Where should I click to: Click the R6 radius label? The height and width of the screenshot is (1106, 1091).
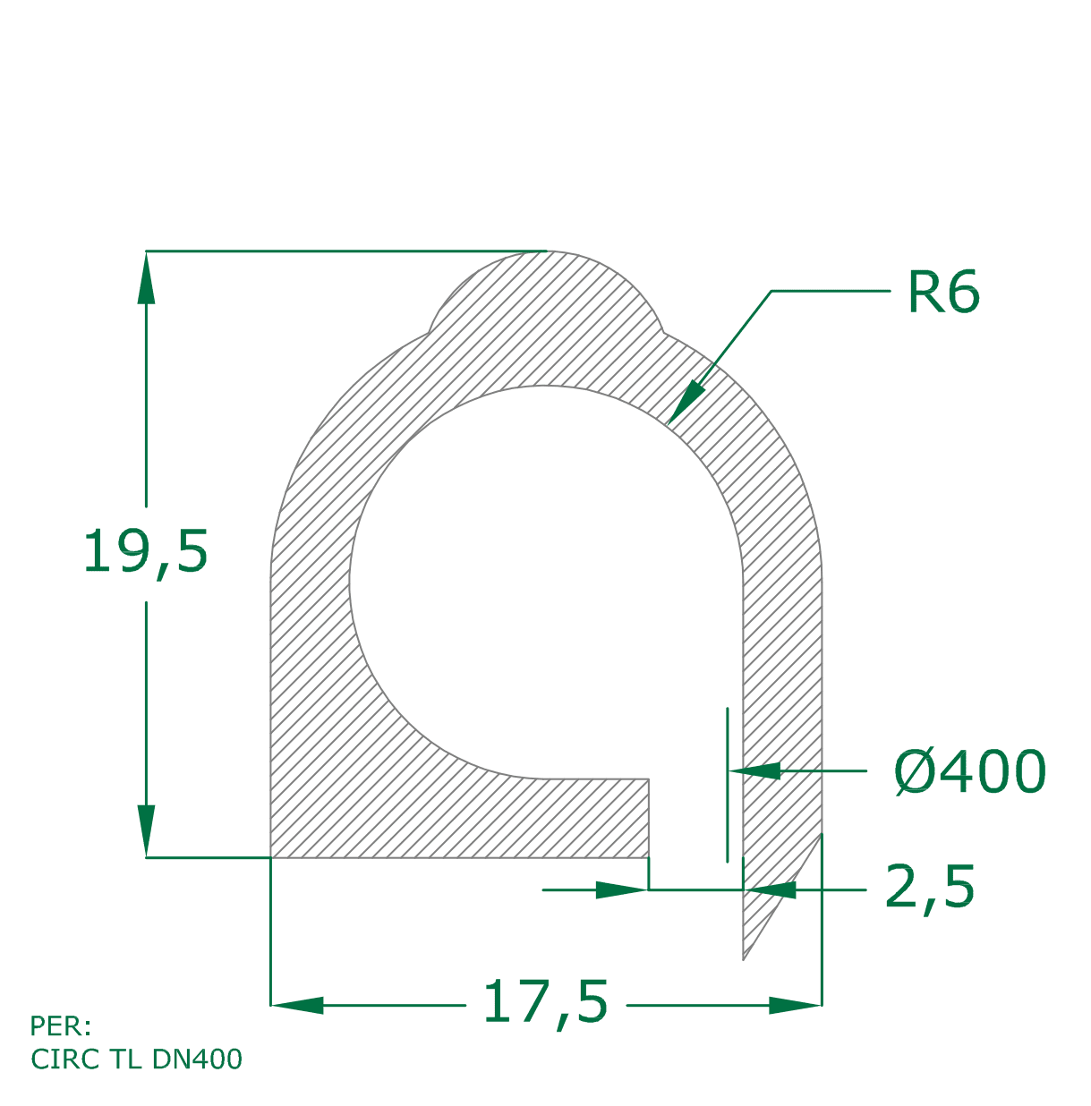coord(943,292)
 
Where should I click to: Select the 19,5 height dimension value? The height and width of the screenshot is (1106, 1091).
coord(146,553)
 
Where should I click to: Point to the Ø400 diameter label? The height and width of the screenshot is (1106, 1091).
coord(970,771)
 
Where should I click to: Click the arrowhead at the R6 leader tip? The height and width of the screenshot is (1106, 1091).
coord(686,403)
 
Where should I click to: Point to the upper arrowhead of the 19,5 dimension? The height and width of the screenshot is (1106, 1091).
coord(147,277)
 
